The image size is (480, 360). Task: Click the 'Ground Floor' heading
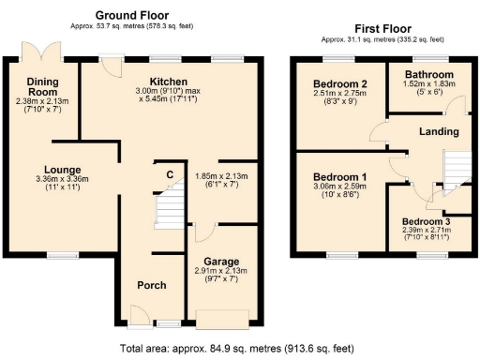pos(133,16)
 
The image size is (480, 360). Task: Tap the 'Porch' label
pos(152,285)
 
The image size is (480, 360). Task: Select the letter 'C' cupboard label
pos(170,174)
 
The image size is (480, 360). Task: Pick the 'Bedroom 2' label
pos(339,84)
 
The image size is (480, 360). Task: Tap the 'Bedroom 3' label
pos(427,221)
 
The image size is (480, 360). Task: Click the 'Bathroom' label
pos(429,75)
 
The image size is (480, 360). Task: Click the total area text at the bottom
pos(238,348)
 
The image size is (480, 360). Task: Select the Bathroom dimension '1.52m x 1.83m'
pos(429,84)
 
